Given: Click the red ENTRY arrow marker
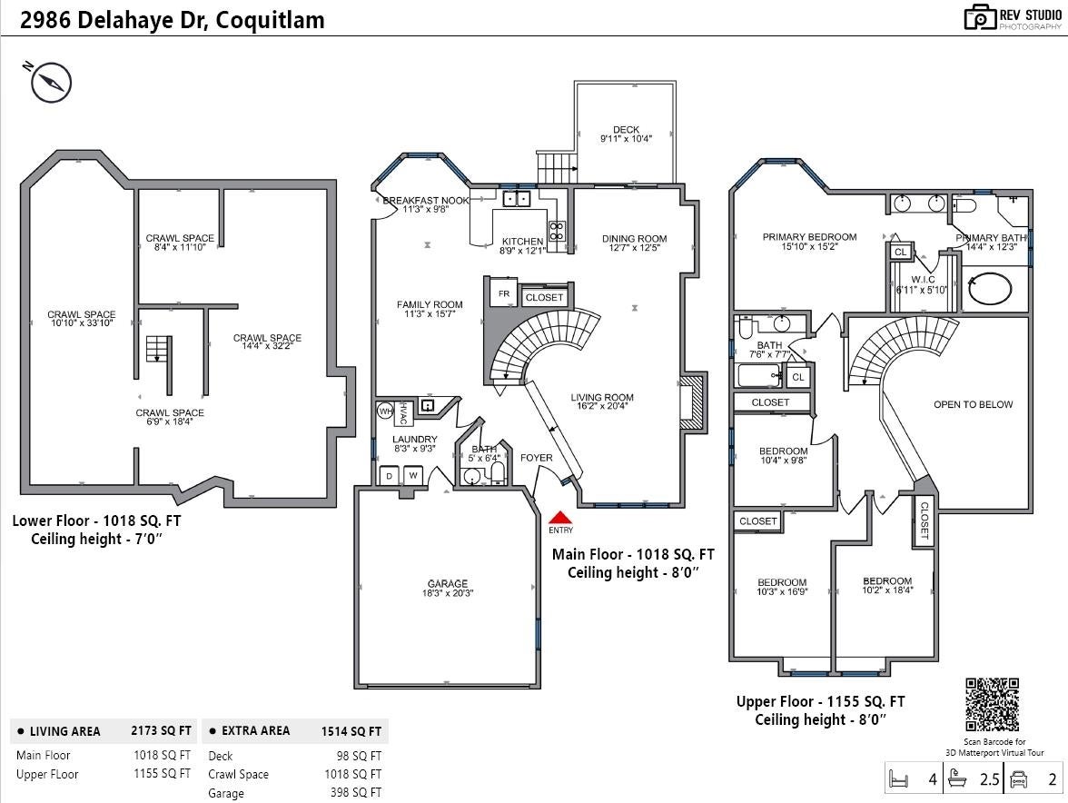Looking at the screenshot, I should [x=560, y=516].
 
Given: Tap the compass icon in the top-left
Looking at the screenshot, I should [x=51, y=83].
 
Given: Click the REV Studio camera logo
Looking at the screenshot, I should [x=979, y=17].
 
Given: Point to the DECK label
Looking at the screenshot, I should [x=626, y=130].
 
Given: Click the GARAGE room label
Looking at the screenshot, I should [x=448, y=584].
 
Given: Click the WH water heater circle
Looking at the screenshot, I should [x=384, y=411].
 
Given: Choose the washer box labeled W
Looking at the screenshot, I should [x=412, y=475].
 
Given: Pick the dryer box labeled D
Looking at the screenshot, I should [x=389, y=475].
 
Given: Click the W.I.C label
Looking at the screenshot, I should [x=922, y=279].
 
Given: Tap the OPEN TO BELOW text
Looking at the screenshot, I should [x=973, y=404].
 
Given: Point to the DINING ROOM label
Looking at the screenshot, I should [x=634, y=239].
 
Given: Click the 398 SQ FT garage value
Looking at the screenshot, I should [x=356, y=793].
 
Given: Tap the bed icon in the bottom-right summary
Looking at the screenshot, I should [x=899, y=779].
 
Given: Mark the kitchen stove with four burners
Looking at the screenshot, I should [x=557, y=231].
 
